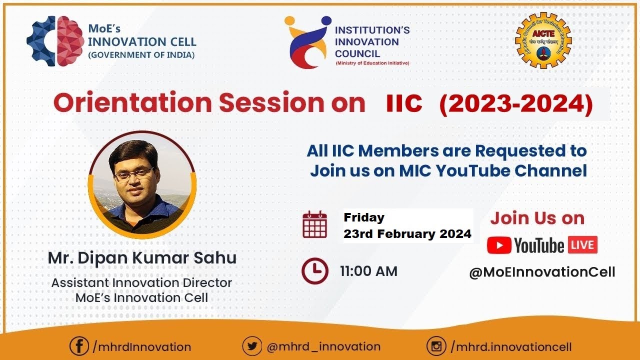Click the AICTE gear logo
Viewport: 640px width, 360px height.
[543, 40]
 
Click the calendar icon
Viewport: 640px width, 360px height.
[315, 224]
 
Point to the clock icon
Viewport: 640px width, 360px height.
[315, 271]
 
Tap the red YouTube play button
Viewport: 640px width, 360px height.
[499, 245]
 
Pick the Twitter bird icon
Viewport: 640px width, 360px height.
[252, 346]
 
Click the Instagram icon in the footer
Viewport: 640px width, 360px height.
[436, 346]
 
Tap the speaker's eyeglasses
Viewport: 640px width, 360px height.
[134, 174]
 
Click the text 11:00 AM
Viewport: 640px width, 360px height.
[368, 271]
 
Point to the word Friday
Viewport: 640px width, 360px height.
[364, 217]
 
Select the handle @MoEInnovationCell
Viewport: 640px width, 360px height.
[542, 272]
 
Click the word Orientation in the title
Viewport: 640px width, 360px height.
[133, 103]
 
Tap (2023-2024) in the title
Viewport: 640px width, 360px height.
[515, 103]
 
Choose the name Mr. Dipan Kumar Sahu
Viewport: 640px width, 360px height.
[142, 258]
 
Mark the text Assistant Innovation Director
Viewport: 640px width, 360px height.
[141, 282]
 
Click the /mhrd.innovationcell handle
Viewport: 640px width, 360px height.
[510, 346]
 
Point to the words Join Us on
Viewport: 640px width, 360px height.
[537, 218]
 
